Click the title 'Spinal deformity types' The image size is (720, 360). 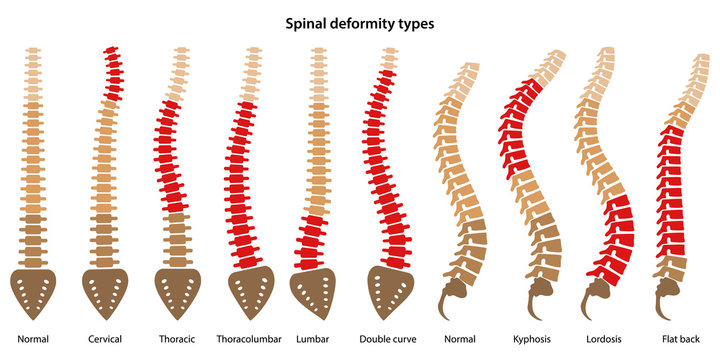click(361, 23)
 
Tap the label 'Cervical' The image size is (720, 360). click(104, 339)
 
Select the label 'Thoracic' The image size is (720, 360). click(175, 339)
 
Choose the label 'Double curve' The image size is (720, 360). click(388, 339)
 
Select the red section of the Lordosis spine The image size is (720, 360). click(617, 240)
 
